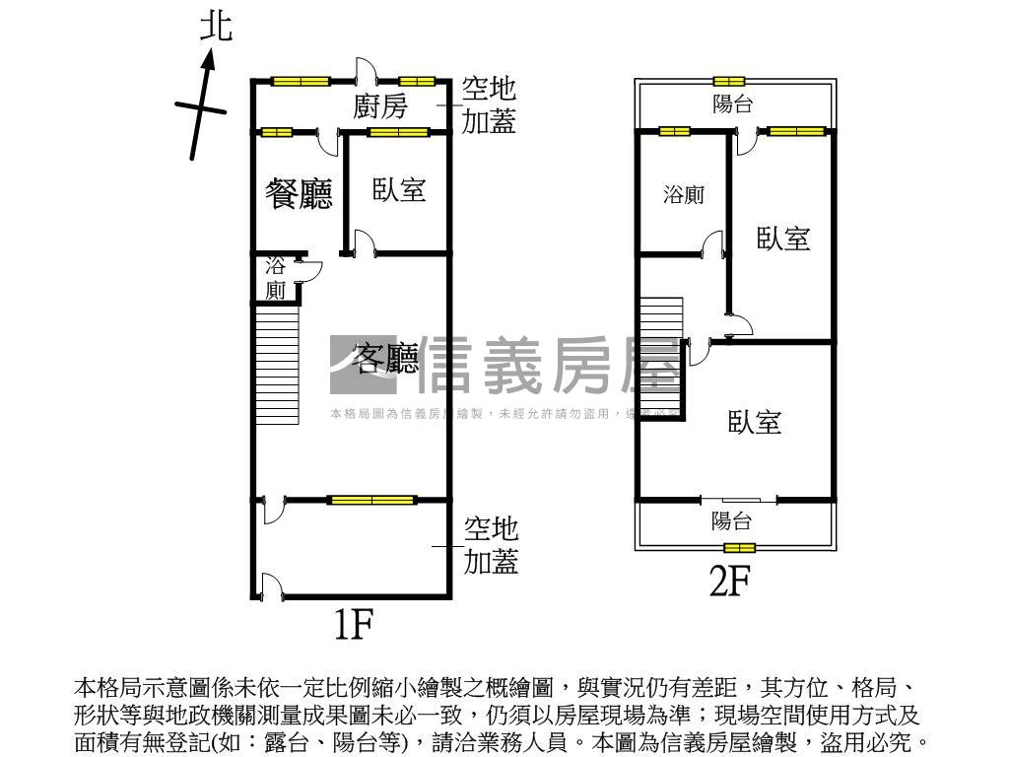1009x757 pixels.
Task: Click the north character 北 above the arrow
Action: (x=216, y=27)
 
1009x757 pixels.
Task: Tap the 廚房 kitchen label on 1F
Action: (x=380, y=105)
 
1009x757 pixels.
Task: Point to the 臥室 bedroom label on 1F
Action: (x=399, y=189)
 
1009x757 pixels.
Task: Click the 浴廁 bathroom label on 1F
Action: (x=276, y=278)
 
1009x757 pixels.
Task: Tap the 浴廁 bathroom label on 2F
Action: (x=684, y=195)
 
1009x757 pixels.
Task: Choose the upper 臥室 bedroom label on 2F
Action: (x=783, y=238)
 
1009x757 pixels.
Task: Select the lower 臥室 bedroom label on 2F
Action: (x=756, y=422)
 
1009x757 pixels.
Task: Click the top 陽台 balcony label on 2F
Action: (x=733, y=103)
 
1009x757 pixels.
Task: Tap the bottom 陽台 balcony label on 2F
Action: (x=732, y=521)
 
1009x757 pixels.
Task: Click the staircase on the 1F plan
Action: (x=277, y=365)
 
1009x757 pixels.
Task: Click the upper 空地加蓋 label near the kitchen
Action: (x=489, y=105)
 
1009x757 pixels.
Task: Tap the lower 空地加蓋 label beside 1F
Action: (x=491, y=545)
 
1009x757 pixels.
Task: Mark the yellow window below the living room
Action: (x=371, y=500)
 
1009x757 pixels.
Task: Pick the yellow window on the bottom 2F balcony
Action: (x=739, y=547)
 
